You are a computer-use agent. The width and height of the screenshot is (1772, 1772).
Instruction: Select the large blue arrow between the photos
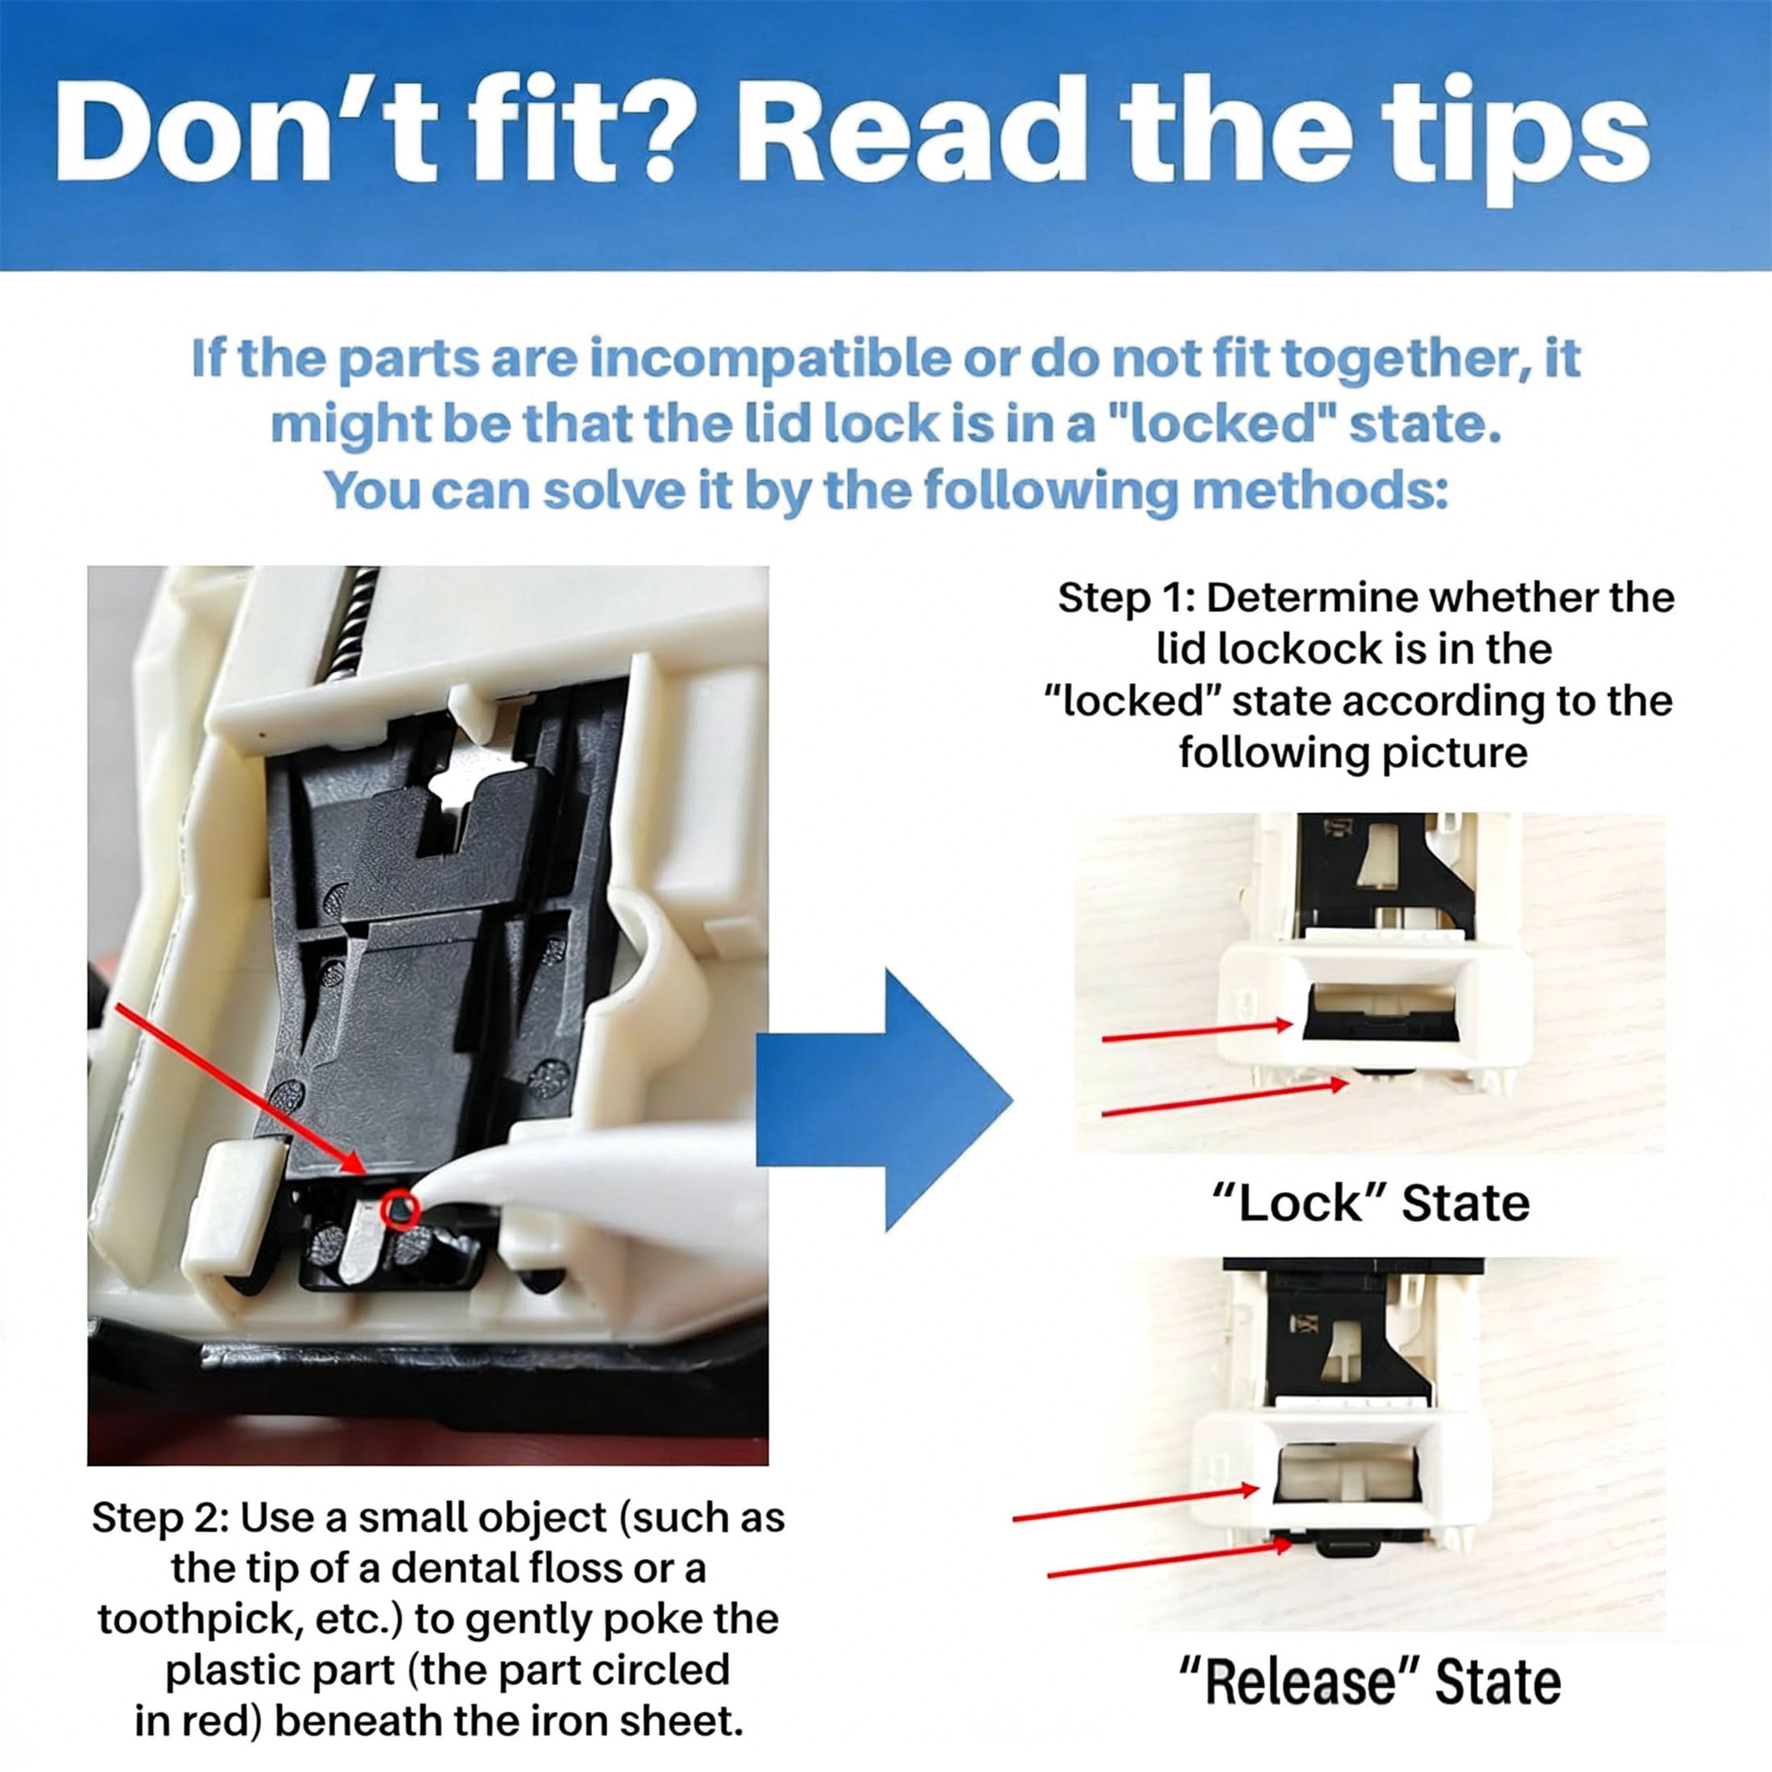pos(884,1100)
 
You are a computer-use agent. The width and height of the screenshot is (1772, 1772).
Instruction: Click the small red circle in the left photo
pos(402,1211)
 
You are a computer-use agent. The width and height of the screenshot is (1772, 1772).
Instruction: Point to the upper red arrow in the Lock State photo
pos(1196,1033)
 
